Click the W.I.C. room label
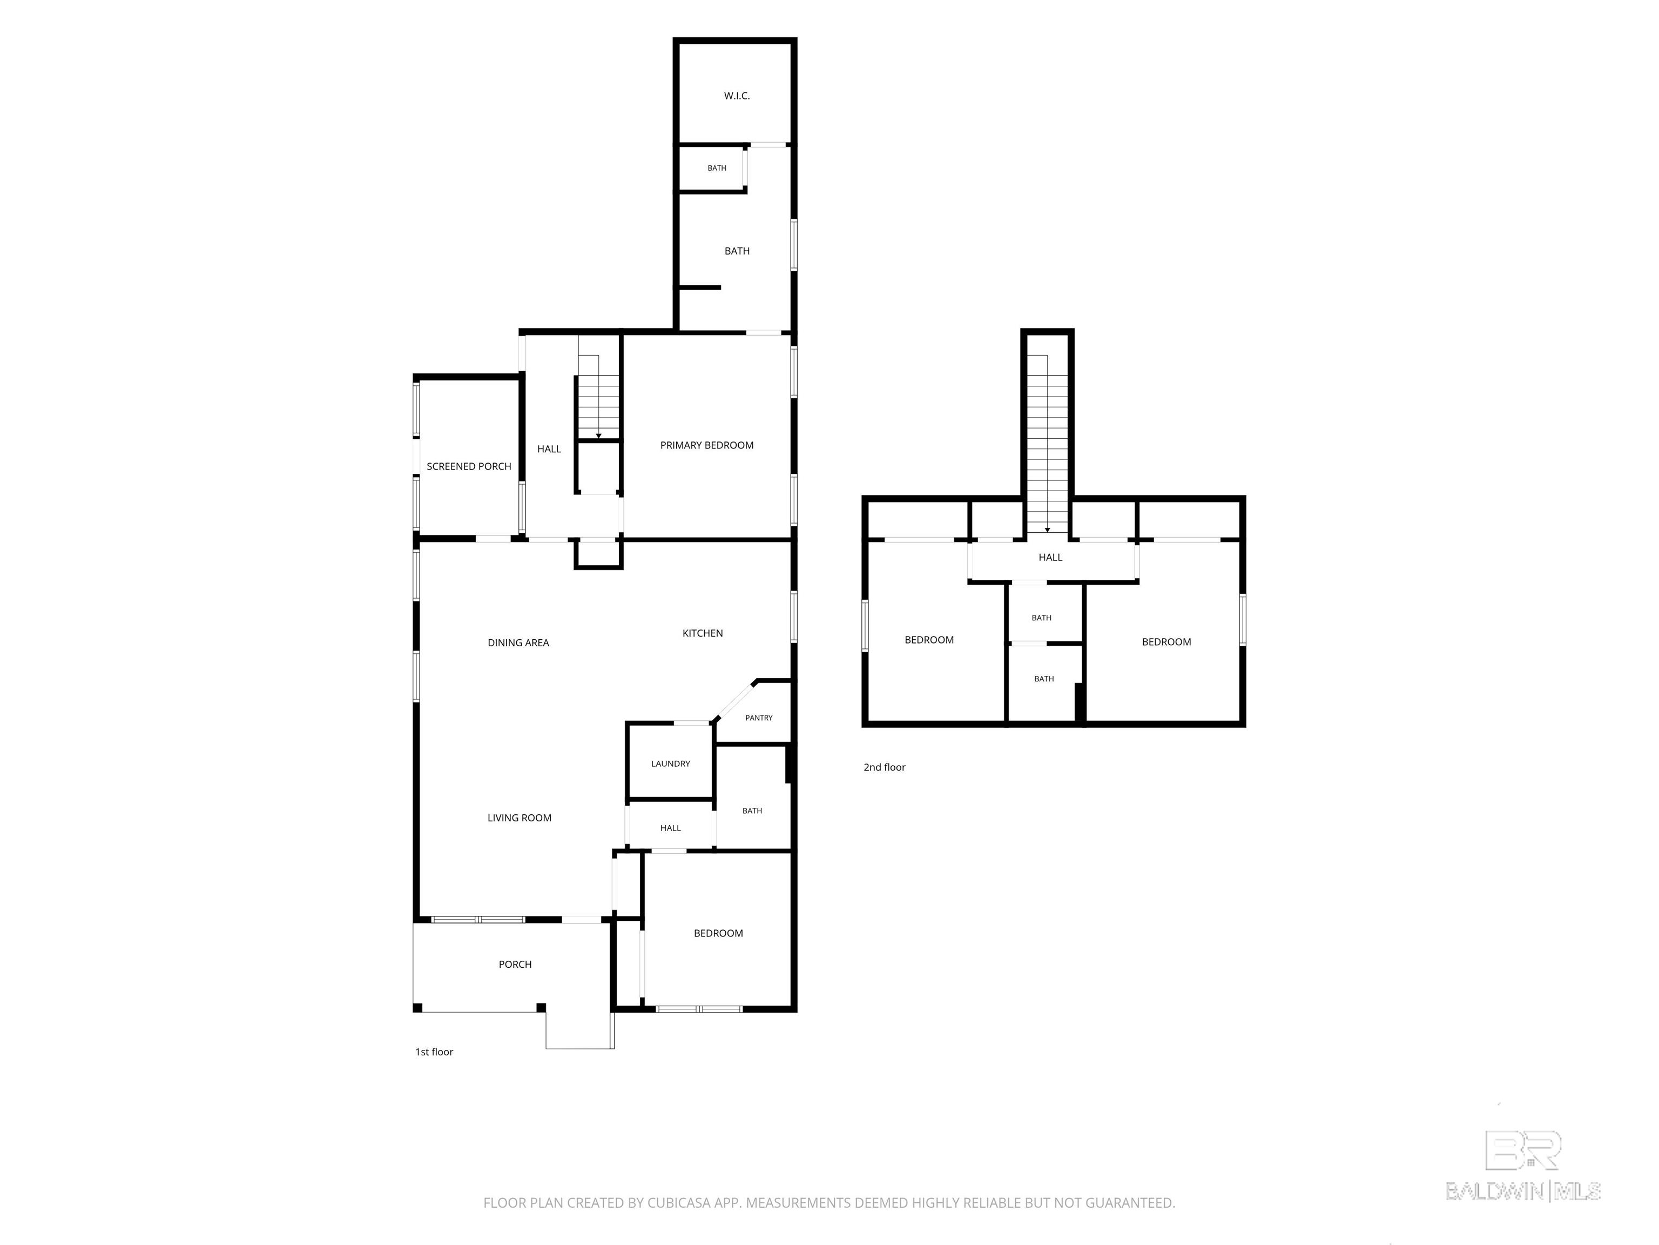(737, 96)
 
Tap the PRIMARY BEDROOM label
(706, 446)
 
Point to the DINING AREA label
(518, 643)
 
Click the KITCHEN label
(703, 633)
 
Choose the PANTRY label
(759, 718)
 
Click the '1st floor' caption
(434, 1052)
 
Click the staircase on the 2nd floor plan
(1047, 444)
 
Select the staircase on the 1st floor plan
(598, 397)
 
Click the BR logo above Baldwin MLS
(1523, 1150)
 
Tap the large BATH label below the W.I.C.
(737, 251)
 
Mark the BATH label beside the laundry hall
(752, 811)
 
